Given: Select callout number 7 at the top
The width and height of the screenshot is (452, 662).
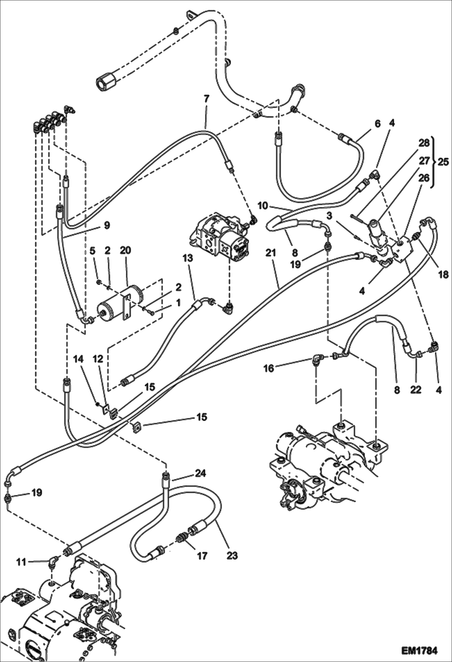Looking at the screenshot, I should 206,98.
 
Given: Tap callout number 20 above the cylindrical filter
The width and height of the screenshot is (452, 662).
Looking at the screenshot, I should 126,250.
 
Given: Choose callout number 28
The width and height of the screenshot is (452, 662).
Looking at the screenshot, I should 424,143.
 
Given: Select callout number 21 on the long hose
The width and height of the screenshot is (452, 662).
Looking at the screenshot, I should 271,253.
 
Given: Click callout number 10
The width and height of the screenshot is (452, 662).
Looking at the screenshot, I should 263,206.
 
